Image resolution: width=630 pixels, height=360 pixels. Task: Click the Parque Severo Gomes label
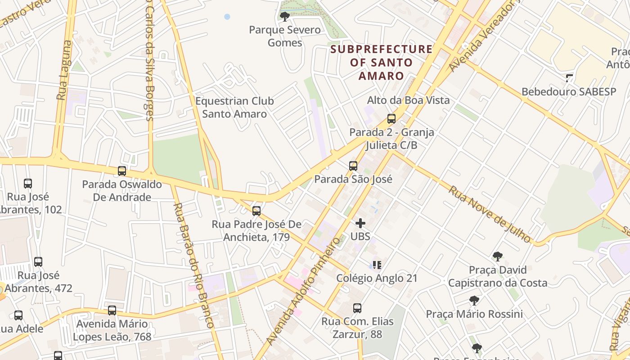pyautogui.click(x=285, y=36)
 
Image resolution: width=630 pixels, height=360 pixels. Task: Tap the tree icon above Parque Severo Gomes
pyautogui.click(x=284, y=17)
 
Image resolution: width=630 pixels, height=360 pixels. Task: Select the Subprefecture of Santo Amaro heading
pyautogui.click(x=382, y=62)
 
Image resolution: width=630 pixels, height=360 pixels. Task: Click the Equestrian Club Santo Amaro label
pyautogui.click(x=234, y=108)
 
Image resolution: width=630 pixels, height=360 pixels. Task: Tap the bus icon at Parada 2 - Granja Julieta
pyautogui.click(x=391, y=119)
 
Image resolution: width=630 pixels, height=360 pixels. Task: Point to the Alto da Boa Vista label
pyautogui.click(x=408, y=100)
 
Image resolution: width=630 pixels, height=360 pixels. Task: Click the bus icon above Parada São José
pyautogui.click(x=353, y=166)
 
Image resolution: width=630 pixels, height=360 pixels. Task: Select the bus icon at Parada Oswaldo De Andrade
pyautogui.click(x=122, y=171)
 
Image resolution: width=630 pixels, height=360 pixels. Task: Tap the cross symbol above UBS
pyautogui.click(x=360, y=223)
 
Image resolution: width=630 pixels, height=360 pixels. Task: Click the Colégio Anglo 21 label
pyautogui.click(x=377, y=278)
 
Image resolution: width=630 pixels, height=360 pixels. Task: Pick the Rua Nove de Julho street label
pyautogui.click(x=490, y=214)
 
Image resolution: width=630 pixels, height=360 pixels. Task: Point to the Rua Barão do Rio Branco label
pyautogui.click(x=193, y=265)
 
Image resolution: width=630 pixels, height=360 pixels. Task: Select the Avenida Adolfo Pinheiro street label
pyautogui.click(x=302, y=292)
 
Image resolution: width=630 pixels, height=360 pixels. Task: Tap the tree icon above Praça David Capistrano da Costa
pyautogui.click(x=497, y=256)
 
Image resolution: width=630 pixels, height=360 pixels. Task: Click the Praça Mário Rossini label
pyautogui.click(x=474, y=314)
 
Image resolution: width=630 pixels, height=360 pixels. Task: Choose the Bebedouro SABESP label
pyautogui.click(x=568, y=92)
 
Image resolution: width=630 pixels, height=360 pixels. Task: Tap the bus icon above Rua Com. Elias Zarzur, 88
pyautogui.click(x=357, y=308)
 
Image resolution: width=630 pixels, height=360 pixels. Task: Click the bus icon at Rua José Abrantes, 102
pyautogui.click(x=28, y=184)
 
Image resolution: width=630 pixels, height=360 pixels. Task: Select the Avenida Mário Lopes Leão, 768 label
pyautogui.click(x=112, y=330)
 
